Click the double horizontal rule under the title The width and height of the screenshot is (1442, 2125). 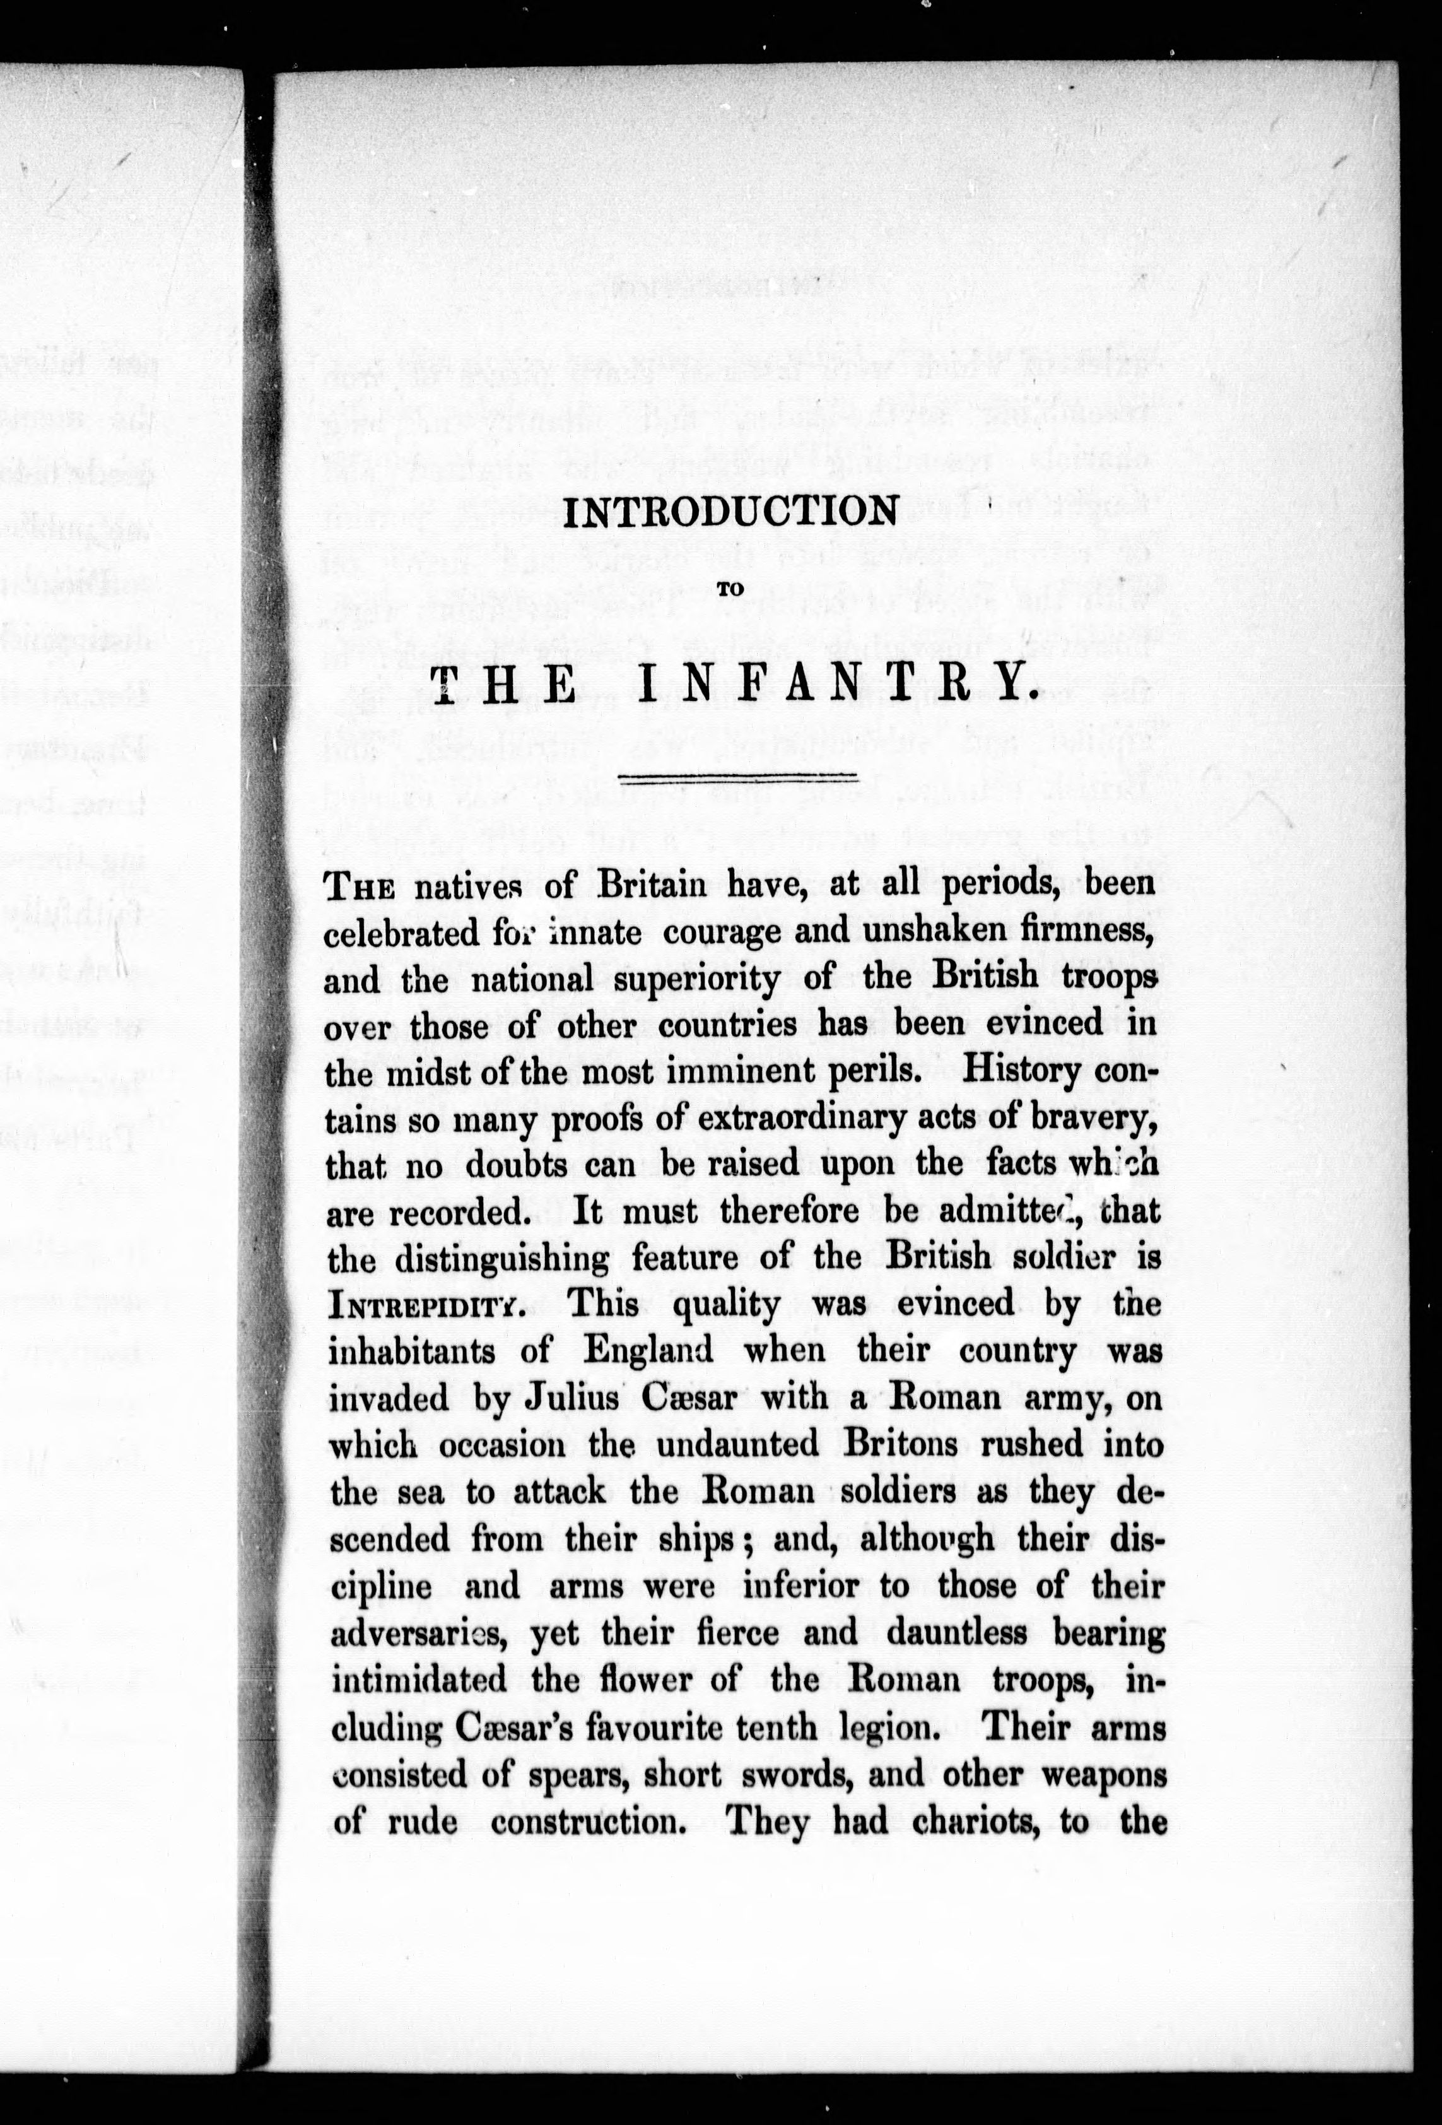coord(737,778)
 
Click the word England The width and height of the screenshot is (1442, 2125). coord(648,1351)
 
